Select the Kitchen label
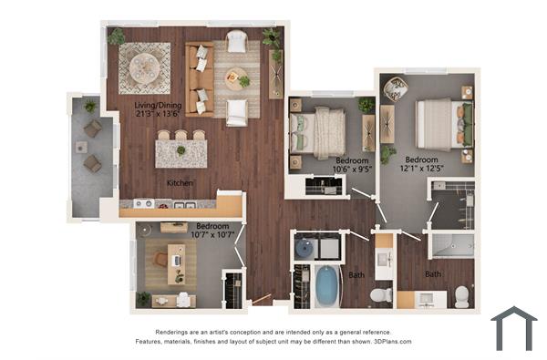click(180, 183)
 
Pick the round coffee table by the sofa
click(234, 77)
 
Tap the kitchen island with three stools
click(181, 152)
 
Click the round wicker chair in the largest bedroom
click(396, 88)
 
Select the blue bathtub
click(326, 285)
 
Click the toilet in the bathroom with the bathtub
click(381, 294)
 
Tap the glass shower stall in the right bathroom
click(451, 244)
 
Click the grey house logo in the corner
click(513, 328)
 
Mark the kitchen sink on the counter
click(143, 203)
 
